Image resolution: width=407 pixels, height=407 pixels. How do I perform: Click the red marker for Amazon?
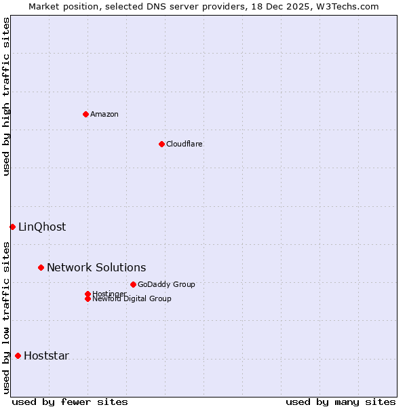tap(85, 114)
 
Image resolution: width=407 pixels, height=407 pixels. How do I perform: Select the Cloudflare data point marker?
tap(161, 144)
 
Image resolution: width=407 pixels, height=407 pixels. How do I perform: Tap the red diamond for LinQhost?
tap(12, 227)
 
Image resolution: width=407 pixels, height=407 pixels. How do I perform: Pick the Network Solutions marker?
tap(41, 267)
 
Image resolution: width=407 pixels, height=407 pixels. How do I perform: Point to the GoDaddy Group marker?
tap(133, 284)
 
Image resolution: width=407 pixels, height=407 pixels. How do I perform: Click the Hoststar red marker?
tap(18, 355)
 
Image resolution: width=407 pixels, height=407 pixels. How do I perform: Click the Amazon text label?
tap(104, 114)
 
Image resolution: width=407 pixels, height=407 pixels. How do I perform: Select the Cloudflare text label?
tap(185, 144)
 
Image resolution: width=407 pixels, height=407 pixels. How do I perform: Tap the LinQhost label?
tap(42, 227)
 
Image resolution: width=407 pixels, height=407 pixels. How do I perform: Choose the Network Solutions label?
tap(96, 267)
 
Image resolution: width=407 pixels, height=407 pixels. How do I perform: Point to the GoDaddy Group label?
tap(166, 284)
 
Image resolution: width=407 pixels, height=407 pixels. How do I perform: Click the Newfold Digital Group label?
tap(132, 299)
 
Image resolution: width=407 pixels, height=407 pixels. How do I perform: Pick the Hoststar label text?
tap(46, 355)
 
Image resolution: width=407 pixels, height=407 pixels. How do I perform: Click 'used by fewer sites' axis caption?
tap(70, 402)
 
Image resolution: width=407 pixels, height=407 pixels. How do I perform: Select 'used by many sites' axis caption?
tap(341, 402)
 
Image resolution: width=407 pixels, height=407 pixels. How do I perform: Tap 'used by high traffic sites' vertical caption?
tap(6, 96)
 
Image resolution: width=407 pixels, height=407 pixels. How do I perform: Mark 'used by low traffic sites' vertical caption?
tap(6, 317)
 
